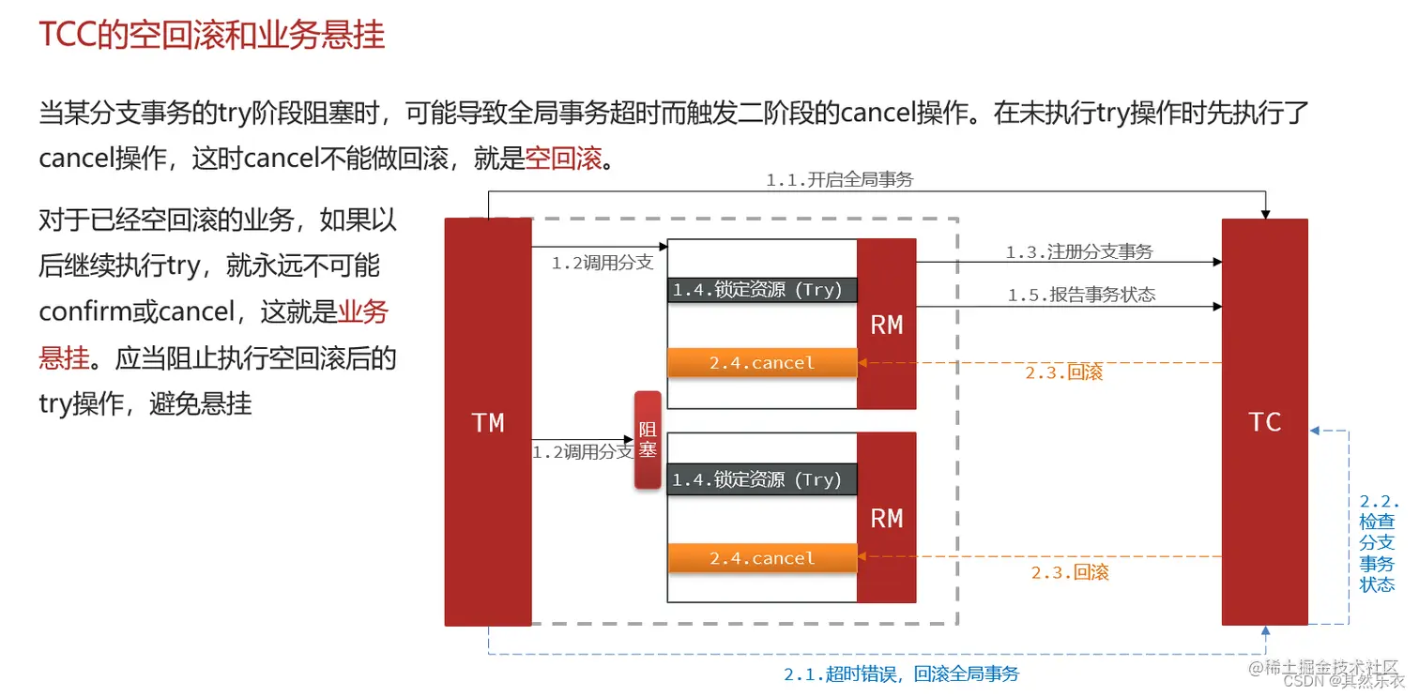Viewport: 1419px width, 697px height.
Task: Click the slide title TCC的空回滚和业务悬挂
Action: coord(212,36)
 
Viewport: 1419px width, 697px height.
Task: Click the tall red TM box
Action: coord(488,422)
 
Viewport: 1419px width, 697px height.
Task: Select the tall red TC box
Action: coord(1264,422)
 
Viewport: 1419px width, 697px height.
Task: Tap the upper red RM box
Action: coord(886,324)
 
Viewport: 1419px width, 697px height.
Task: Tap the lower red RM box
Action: coord(886,517)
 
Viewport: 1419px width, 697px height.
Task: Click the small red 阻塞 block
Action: coord(648,439)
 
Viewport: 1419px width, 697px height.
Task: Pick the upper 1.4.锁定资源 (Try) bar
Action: coord(762,290)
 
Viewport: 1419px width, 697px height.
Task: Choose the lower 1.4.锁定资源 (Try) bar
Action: coord(762,479)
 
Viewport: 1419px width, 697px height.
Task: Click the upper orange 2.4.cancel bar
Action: coord(762,363)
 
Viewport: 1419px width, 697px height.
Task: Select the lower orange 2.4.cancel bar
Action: coord(762,558)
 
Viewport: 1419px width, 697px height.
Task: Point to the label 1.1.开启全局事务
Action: coord(839,180)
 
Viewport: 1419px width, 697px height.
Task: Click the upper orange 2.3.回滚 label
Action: coord(1063,372)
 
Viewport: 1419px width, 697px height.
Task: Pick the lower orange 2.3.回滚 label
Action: coord(1070,572)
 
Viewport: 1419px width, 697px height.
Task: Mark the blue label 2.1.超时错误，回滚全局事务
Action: coord(901,674)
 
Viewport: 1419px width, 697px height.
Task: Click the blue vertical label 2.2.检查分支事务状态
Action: coord(1378,542)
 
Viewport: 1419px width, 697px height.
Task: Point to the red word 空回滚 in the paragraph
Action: coord(563,158)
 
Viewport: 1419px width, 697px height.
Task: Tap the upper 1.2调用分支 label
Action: coord(602,263)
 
